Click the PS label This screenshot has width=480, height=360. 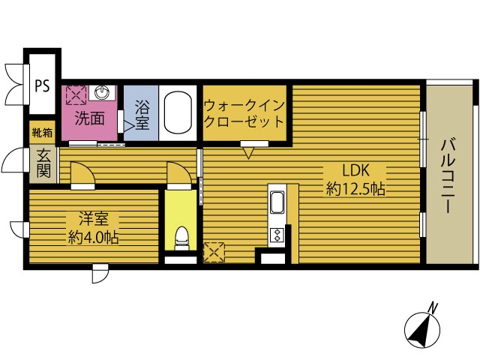[x=41, y=85]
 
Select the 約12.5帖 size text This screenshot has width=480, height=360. [x=355, y=189]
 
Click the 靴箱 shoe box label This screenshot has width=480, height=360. [x=42, y=133]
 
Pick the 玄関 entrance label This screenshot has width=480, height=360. [x=43, y=163]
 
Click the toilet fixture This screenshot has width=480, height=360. [x=180, y=239]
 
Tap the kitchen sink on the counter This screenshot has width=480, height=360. [x=276, y=202]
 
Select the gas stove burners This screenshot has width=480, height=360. [x=276, y=235]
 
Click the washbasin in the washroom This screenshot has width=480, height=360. [x=105, y=93]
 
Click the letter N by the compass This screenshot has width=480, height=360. [x=433, y=306]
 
